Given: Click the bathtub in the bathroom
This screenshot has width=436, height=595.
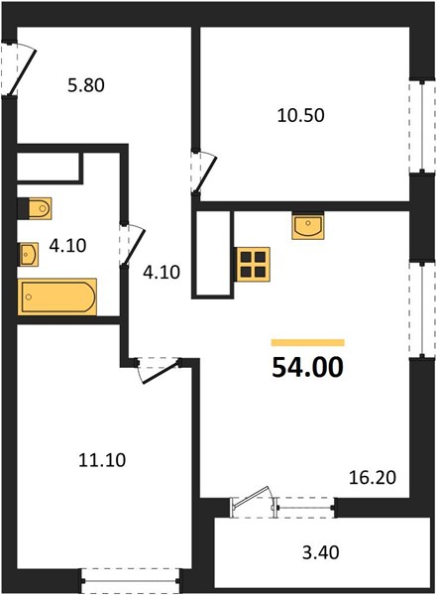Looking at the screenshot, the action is click(x=57, y=297).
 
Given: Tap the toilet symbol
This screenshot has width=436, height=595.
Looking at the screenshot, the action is click(x=35, y=208).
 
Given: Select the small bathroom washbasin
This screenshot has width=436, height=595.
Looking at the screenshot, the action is click(x=29, y=254).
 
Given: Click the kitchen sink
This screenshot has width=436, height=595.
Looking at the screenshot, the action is click(x=308, y=226).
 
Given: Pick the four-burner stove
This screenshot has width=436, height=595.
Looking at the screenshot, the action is click(x=253, y=265).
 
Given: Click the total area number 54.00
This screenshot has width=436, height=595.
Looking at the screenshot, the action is click(x=307, y=367).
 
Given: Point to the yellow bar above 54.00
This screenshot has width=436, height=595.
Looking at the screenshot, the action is click(x=308, y=343).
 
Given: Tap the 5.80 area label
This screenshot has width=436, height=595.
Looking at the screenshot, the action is click(x=86, y=85).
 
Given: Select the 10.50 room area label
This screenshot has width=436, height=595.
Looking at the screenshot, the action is click(x=300, y=115).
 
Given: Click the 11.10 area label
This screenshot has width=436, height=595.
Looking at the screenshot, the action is click(x=102, y=460).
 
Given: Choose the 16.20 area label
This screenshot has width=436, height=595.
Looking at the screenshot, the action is click(x=373, y=477).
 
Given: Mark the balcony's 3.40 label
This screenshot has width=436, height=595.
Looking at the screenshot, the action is click(x=320, y=552).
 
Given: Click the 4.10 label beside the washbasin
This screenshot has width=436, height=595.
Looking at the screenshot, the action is click(x=67, y=246).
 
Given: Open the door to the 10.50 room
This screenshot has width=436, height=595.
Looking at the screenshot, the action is click(x=203, y=172).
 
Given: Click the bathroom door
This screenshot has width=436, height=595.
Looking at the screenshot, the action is click(x=131, y=244).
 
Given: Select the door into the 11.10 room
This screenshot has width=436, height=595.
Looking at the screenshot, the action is click(x=158, y=369).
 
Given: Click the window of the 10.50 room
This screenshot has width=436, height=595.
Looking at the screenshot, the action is click(x=422, y=126).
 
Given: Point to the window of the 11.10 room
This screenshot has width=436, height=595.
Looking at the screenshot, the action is click(x=131, y=580).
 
